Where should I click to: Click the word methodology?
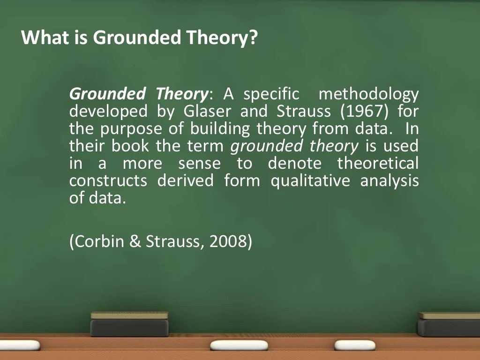[x=368, y=95]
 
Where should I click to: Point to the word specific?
[x=271, y=95]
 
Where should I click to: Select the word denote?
[x=295, y=164]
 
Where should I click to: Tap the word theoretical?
[x=378, y=164]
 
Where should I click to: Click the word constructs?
[x=108, y=180]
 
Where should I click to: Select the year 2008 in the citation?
[x=228, y=241]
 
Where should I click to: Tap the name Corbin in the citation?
[x=98, y=241]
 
